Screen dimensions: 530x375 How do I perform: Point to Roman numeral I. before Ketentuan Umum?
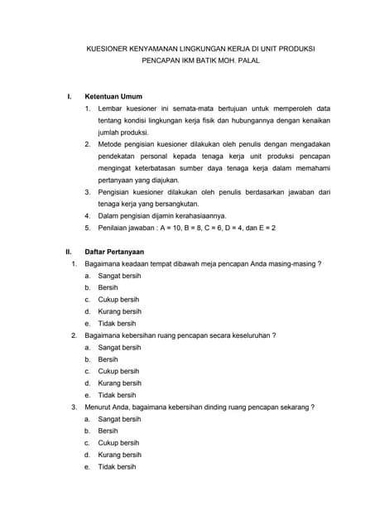pos(69,96)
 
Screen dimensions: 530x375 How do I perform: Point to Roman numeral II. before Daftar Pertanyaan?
pos(70,251)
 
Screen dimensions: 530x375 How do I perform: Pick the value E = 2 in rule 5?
pos(266,227)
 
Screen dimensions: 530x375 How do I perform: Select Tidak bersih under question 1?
pos(117,323)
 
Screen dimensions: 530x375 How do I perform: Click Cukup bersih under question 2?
pos(118,371)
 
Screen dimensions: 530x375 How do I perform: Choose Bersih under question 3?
pos(108,431)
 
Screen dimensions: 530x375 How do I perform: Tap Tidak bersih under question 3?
pos(117,467)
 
